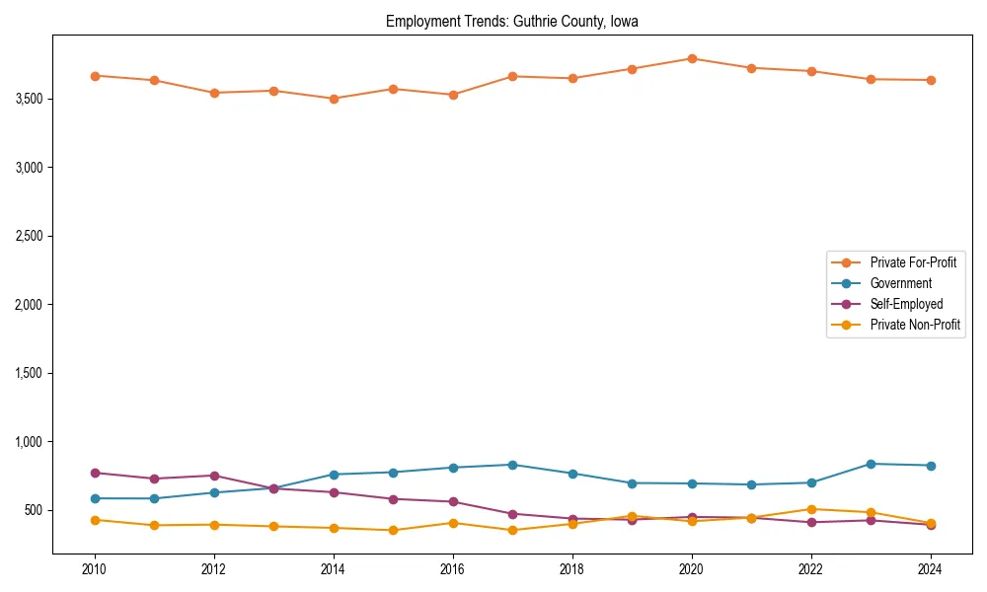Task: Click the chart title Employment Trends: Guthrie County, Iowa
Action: pos(511,22)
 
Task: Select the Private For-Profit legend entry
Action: pos(912,262)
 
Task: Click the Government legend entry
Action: pos(900,283)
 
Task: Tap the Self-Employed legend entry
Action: pos(906,304)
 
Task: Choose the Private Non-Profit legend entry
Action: pos(915,325)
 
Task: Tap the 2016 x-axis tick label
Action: pos(453,569)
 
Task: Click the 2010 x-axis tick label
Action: pos(95,569)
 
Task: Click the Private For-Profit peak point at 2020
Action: pos(692,58)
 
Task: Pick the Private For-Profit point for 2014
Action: pos(334,99)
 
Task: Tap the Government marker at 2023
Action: pos(871,464)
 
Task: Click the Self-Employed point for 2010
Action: pos(95,473)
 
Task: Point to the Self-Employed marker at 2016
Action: pos(453,501)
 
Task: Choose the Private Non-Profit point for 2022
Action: pos(811,509)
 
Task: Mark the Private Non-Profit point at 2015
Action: pos(393,530)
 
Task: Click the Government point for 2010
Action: pos(95,498)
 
